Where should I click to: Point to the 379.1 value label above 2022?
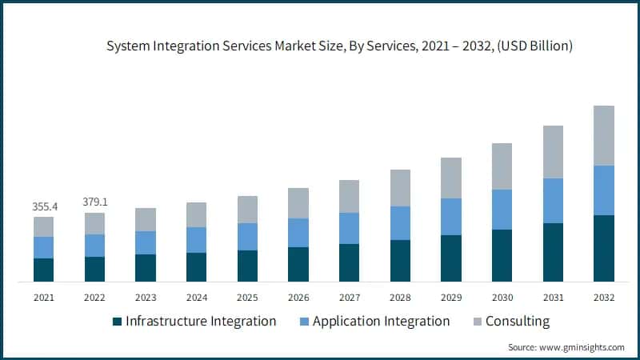tap(94, 202)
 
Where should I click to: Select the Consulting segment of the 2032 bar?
tap(604, 135)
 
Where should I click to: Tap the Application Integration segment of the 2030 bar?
tap(502, 210)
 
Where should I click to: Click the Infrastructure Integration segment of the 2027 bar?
tap(349, 262)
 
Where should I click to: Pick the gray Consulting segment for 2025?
tap(247, 210)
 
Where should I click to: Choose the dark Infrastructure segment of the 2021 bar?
tap(43, 270)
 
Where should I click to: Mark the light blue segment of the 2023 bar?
tap(146, 242)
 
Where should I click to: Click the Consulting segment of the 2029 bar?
tap(451, 178)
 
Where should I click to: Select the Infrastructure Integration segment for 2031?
tap(553, 252)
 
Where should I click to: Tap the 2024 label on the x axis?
tap(196, 298)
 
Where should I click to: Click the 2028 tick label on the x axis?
tap(400, 298)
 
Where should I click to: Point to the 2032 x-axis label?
tap(604, 298)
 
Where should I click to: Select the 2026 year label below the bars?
tap(298, 298)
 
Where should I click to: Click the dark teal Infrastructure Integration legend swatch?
tap(118, 322)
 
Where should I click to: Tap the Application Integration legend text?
tap(381, 322)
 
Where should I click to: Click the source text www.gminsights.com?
tap(583, 347)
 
